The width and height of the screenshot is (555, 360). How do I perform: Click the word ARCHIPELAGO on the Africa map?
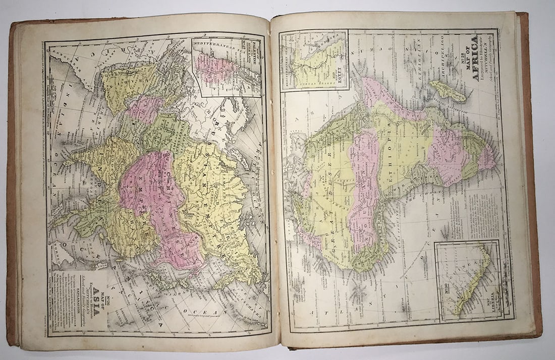tap(469, 93)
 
